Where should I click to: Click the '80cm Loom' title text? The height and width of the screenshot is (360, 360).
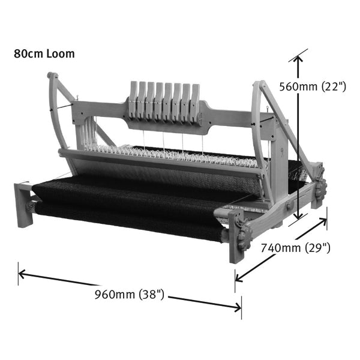(44, 54)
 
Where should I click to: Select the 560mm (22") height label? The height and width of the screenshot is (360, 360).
(313, 86)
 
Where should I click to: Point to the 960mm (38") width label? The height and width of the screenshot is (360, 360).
(130, 294)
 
